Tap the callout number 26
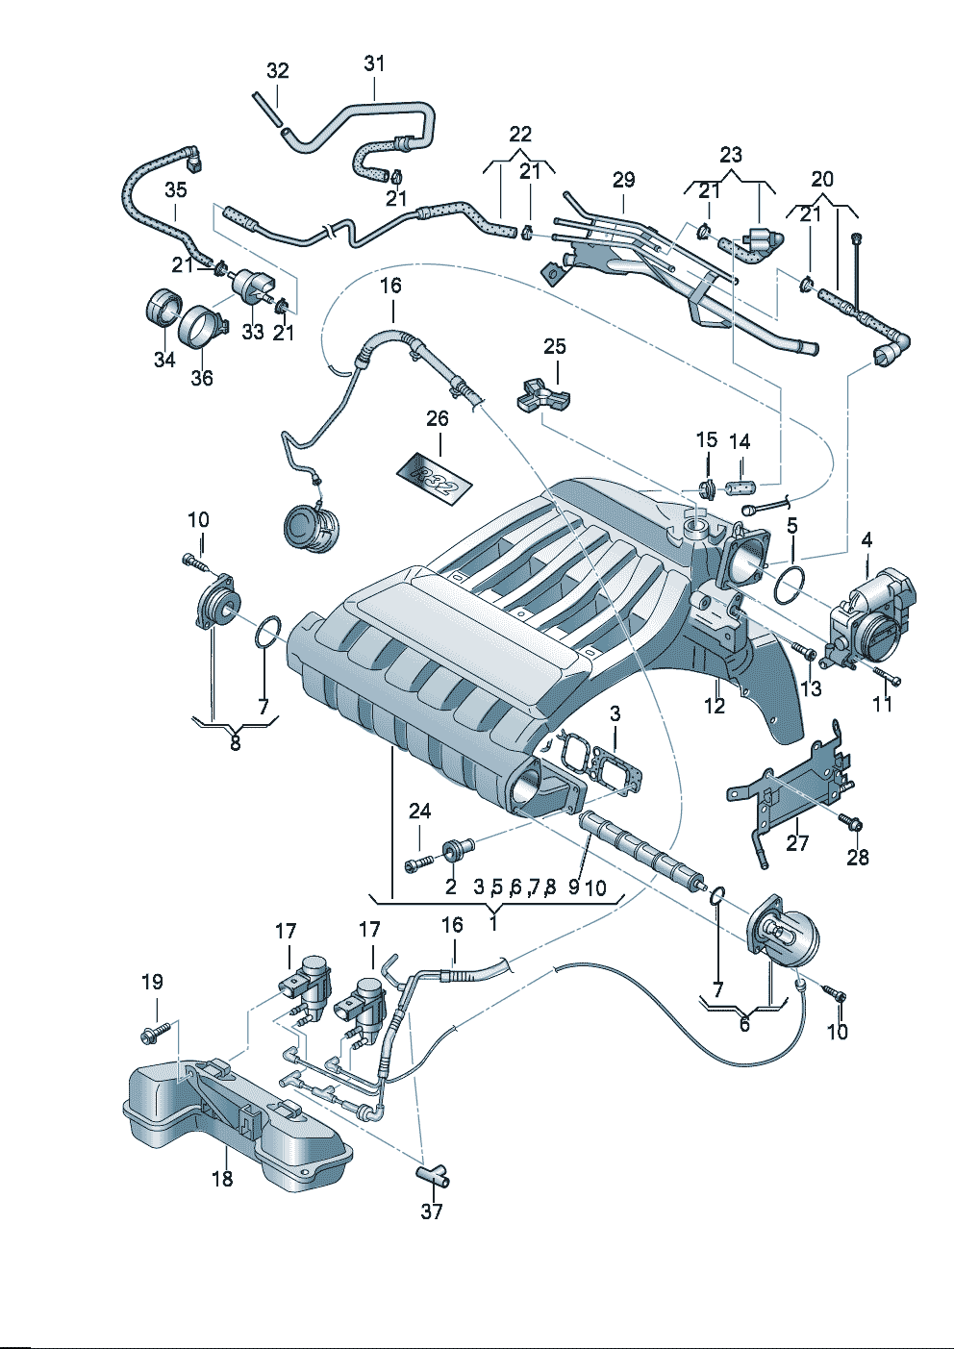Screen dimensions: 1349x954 [x=438, y=419]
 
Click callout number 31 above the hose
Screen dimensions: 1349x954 [x=374, y=63]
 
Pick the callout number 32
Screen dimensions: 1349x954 [x=277, y=71]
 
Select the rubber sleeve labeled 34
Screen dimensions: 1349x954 [x=161, y=307]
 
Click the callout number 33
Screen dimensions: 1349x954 [x=252, y=332]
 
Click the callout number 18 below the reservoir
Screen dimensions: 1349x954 [x=222, y=1179]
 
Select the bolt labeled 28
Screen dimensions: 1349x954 [x=850, y=823]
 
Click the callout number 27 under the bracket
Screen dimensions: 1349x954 [x=797, y=843]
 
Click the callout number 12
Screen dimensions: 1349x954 [x=714, y=706]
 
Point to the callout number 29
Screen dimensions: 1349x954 [x=623, y=180]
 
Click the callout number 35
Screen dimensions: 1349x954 [x=175, y=189]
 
